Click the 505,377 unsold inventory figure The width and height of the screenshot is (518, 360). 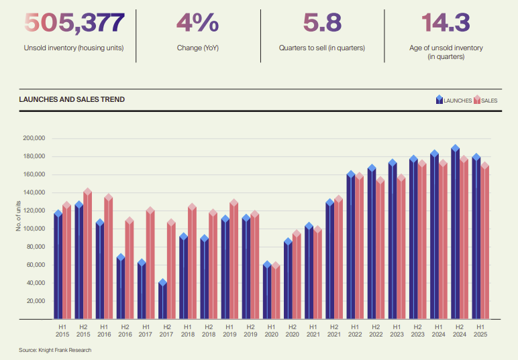coord(74,23)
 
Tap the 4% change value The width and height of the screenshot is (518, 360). coord(197,23)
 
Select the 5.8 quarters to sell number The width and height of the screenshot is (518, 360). coord(322,23)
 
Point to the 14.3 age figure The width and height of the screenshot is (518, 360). coord(446,23)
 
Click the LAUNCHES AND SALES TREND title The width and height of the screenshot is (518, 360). coord(71,100)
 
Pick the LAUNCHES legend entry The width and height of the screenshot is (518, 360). coord(454,101)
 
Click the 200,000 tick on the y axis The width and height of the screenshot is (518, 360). coord(33,138)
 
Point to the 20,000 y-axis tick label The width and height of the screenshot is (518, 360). coord(35,301)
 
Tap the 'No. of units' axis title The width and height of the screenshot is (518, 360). coord(19,216)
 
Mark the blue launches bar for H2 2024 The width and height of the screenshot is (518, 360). coord(456,235)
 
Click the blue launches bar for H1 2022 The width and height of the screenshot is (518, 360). coord(351,248)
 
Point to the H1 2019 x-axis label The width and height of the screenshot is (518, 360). coord(229,329)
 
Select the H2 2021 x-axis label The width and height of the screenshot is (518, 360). coord(333,329)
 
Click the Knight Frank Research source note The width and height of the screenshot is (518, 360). coord(55,350)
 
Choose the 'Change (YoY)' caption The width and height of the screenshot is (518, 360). coord(197,48)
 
